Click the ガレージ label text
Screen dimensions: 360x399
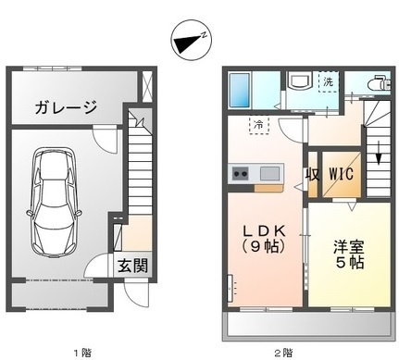(66, 107)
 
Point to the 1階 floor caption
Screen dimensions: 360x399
(82, 351)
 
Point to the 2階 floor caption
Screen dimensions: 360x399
(282, 351)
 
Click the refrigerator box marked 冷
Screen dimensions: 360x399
(259, 124)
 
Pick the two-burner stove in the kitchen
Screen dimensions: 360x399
(242, 173)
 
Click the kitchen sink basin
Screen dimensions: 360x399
(269, 173)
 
